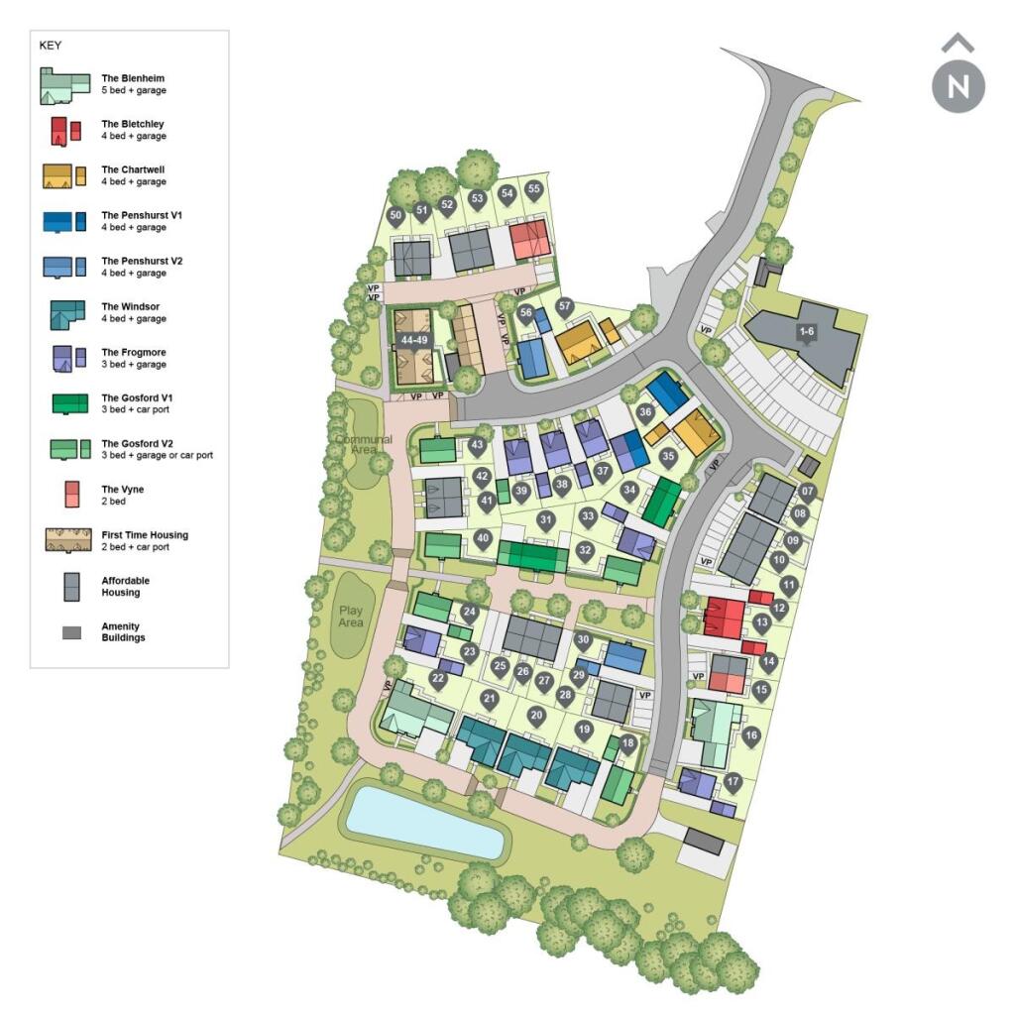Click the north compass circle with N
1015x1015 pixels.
point(959,86)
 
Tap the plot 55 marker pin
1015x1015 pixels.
point(534,189)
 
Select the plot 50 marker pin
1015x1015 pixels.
point(396,215)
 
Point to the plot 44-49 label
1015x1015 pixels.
point(412,340)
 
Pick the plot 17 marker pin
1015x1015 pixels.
point(733,782)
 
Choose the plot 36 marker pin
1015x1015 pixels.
point(646,412)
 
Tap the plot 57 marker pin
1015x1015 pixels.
point(565,306)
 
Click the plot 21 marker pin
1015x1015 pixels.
point(489,699)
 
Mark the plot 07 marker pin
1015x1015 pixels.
point(807,492)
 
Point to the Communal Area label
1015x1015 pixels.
point(363,445)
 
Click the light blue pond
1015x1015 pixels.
point(423,821)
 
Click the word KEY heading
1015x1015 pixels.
point(50,46)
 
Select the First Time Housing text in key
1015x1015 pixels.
point(145,535)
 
